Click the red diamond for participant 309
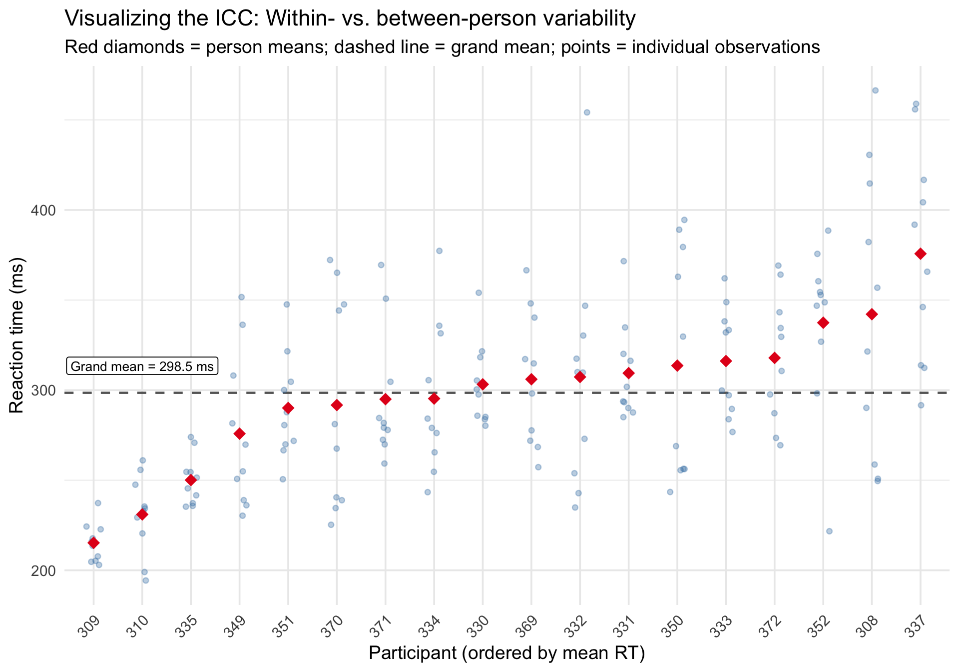tap(93, 543)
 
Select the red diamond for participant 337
tap(921, 254)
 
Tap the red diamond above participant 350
tap(677, 365)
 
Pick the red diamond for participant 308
tap(872, 314)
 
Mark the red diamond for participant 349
tap(239, 433)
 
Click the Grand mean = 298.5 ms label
tap(142, 366)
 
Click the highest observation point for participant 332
tap(587, 112)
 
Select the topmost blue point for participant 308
tap(875, 90)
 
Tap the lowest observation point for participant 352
tap(829, 531)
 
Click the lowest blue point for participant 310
tap(146, 580)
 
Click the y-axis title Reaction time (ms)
tap(17, 335)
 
